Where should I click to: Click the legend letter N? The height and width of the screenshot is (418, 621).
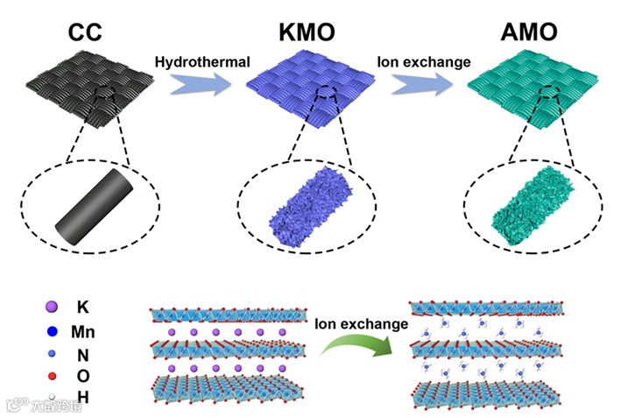(82, 356)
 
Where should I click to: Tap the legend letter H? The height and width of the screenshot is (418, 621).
(82, 399)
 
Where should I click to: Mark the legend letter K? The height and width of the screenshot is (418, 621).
(82, 308)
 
